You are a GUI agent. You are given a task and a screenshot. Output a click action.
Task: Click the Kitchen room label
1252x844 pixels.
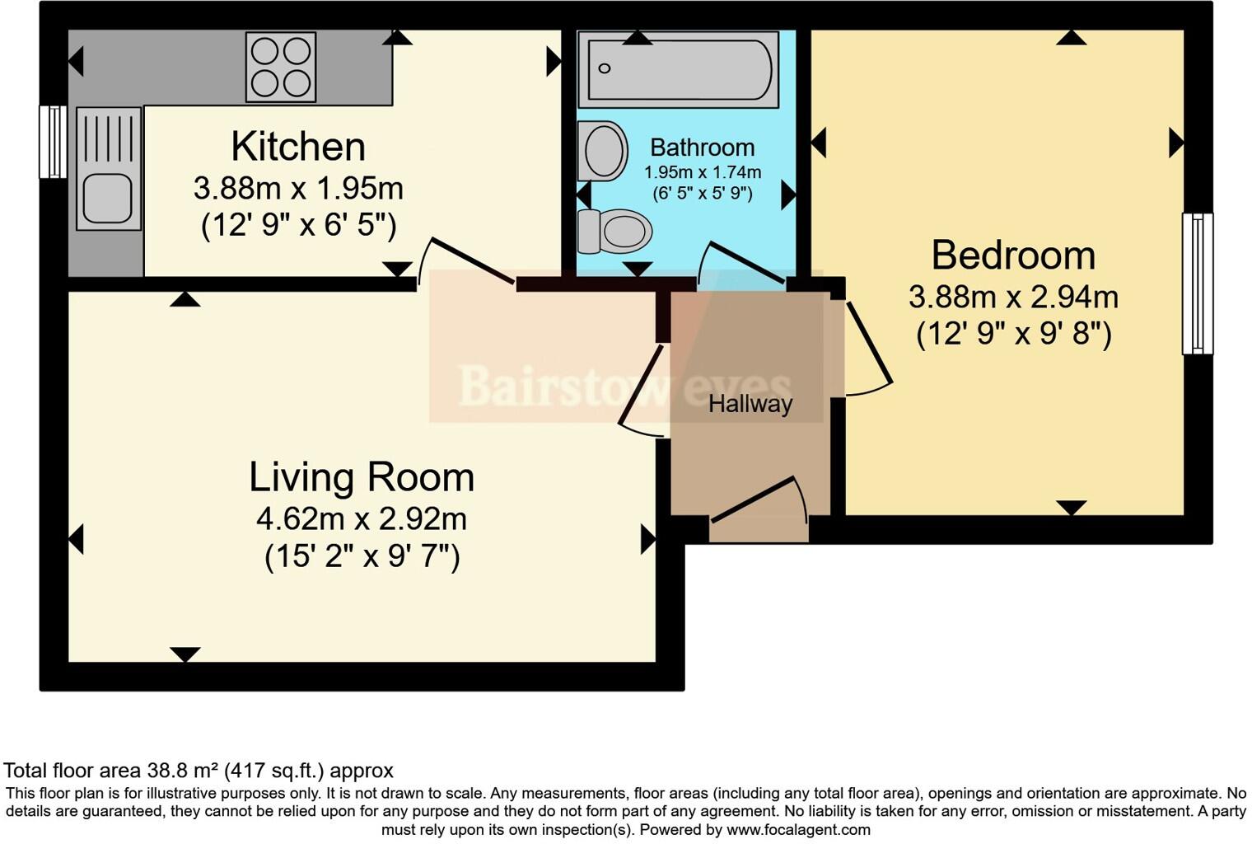pyautogui.click(x=297, y=147)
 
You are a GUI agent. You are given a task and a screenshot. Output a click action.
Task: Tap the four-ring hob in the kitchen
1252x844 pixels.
pyautogui.click(x=280, y=67)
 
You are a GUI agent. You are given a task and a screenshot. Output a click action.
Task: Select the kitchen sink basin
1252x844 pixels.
pyautogui.click(x=109, y=199)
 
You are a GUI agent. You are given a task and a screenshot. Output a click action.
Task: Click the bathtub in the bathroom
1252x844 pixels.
pyautogui.click(x=678, y=69)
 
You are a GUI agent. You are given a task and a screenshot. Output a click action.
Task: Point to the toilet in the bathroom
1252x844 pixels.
pyautogui.click(x=614, y=231)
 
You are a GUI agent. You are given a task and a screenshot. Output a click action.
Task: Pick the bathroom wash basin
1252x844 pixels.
pyautogui.click(x=603, y=151)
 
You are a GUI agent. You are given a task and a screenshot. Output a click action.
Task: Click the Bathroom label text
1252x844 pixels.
pyautogui.click(x=702, y=148)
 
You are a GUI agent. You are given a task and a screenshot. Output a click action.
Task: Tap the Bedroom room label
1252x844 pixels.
pyautogui.click(x=1013, y=256)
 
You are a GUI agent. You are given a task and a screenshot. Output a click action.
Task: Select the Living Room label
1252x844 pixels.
pyautogui.click(x=362, y=477)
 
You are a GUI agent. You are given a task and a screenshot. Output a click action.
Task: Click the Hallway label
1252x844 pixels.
pyautogui.click(x=750, y=404)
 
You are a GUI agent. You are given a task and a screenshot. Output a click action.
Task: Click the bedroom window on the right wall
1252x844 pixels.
pyautogui.click(x=1198, y=284)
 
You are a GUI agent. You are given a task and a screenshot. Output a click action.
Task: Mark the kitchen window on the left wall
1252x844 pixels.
pyautogui.click(x=54, y=142)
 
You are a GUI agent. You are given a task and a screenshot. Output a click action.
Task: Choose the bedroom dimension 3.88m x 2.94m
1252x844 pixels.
pyautogui.click(x=1013, y=297)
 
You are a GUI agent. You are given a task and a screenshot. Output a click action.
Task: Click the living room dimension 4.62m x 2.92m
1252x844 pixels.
pyautogui.click(x=362, y=519)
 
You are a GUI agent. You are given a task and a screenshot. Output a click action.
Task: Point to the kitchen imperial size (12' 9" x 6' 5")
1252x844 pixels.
pyautogui.click(x=298, y=225)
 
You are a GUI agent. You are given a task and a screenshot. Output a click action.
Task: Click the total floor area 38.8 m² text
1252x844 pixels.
pyautogui.click(x=199, y=771)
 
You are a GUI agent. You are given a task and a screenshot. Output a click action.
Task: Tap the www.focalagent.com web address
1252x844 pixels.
pyautogui.click(x=798, y=830)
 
